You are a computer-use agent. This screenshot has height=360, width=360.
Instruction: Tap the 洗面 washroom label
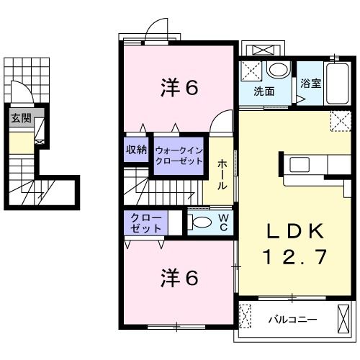click(x=264, y=91)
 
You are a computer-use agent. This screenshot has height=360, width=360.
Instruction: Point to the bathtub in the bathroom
click(x=336, y=85)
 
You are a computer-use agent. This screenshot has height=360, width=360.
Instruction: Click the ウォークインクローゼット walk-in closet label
click(x=179, y=156)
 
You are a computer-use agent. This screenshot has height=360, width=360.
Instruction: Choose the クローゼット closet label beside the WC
click(x=146, y=222)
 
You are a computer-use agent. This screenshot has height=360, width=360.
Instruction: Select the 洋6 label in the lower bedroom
click(x=179, y=277)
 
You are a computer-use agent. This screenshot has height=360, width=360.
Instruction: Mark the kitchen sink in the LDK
click(x=300, y=165)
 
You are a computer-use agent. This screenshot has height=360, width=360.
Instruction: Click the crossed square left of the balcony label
click(x=246, y=315)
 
